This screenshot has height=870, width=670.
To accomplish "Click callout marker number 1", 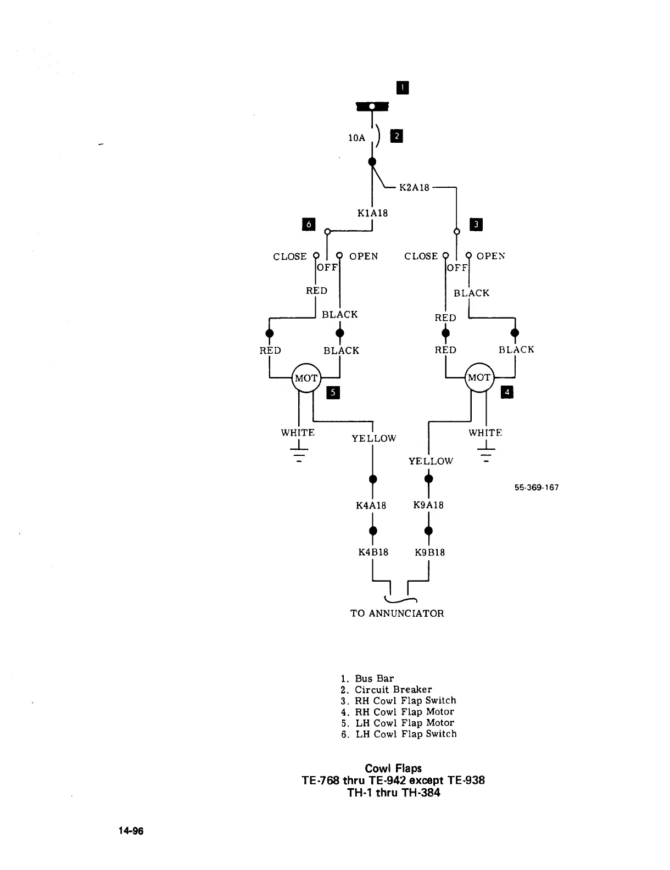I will [403, 87].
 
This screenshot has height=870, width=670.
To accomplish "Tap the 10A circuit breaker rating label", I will [357, 138].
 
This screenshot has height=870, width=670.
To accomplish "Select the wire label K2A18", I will [414, 188].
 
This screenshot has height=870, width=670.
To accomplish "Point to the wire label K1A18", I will [372, 213].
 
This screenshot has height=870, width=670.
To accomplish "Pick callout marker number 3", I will [476, 224].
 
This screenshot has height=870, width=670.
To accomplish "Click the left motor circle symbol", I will [306, 378].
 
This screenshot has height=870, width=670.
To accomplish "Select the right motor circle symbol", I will [479, 378].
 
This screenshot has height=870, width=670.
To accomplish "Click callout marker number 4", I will [507, 392].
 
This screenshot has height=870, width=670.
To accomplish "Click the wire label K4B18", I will [373, 552].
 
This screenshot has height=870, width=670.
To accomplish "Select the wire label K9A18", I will [428, 505].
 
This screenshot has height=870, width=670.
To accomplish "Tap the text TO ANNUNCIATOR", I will [397, 614].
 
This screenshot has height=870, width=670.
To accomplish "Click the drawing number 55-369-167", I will [537, 488].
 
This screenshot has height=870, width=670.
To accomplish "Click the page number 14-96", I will [130, 832].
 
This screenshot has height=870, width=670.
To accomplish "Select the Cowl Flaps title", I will [393, 768].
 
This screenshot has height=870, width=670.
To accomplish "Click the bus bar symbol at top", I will [372, 106].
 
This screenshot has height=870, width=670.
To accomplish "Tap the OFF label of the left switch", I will [327, 267].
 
